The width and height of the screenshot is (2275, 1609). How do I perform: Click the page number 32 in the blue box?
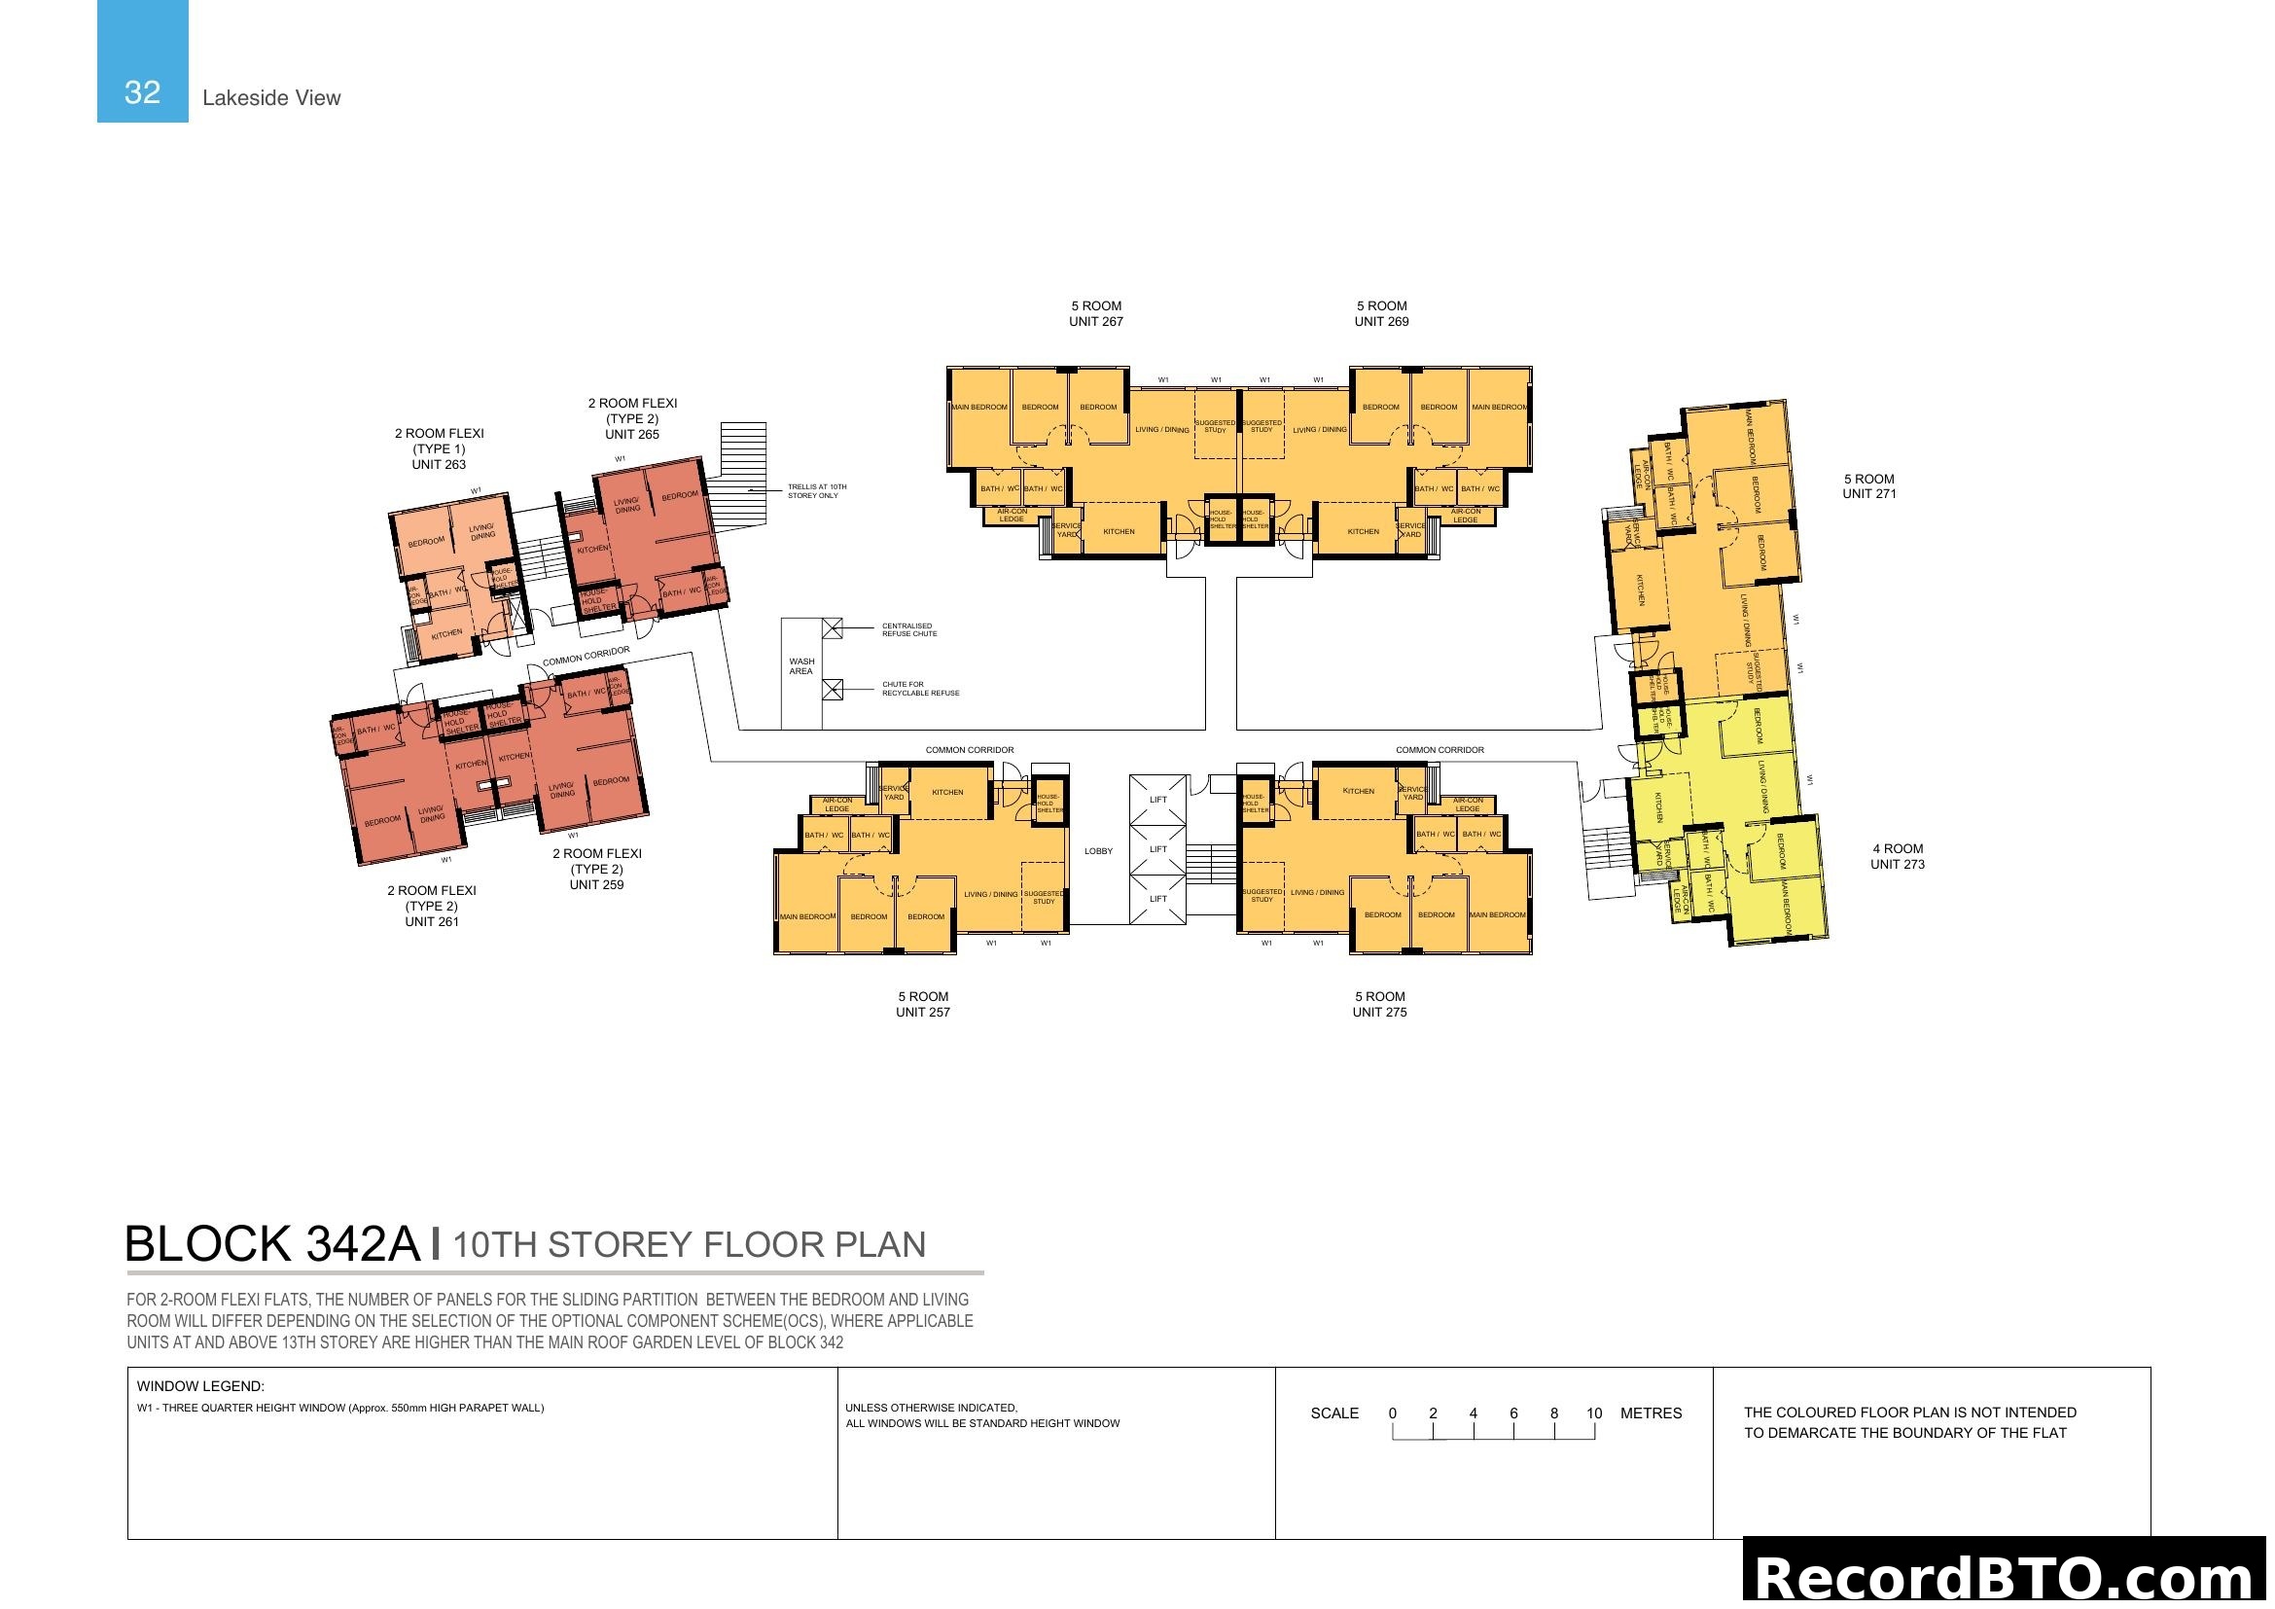(x=143, y=92)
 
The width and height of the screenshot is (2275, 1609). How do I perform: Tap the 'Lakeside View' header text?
(x=270, y=98)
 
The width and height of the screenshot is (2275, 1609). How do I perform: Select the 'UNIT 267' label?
(x=1096, y=321)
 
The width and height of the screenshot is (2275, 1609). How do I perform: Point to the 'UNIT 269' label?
(x=1381, y=321)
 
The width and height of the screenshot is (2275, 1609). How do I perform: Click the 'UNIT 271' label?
(x=1868, y=493)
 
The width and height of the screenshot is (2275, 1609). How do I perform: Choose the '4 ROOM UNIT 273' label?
(x=1898, y=856)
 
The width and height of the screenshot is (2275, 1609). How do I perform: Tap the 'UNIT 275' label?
(x=1379, y=1012)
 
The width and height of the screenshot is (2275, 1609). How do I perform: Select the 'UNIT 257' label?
(x=922, y=1012)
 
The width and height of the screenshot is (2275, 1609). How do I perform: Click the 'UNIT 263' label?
(x=439, y=464)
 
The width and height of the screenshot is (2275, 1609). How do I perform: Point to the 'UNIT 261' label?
(x=432, y=921)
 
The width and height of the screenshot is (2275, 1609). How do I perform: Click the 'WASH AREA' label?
(x=801, y=665)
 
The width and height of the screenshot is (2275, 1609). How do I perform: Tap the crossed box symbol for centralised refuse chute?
(x=833, y=628)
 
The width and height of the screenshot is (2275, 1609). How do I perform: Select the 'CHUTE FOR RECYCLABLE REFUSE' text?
(x=920, y=689)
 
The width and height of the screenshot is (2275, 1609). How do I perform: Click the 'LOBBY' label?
(x=1098, y=851)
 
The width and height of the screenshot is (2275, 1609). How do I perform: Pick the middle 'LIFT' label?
(x=1158, y=849)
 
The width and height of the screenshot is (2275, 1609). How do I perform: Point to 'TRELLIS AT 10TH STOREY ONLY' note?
(x=816, y=491)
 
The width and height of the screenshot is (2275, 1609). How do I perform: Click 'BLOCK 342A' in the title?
(x=272, y=1244)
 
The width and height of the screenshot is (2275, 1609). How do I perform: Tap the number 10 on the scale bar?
(x=1593, y=1412)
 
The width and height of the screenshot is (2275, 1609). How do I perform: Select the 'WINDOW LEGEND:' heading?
(x=200, y=1386)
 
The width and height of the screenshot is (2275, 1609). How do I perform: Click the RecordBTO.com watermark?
(x=2008, y=1576)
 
